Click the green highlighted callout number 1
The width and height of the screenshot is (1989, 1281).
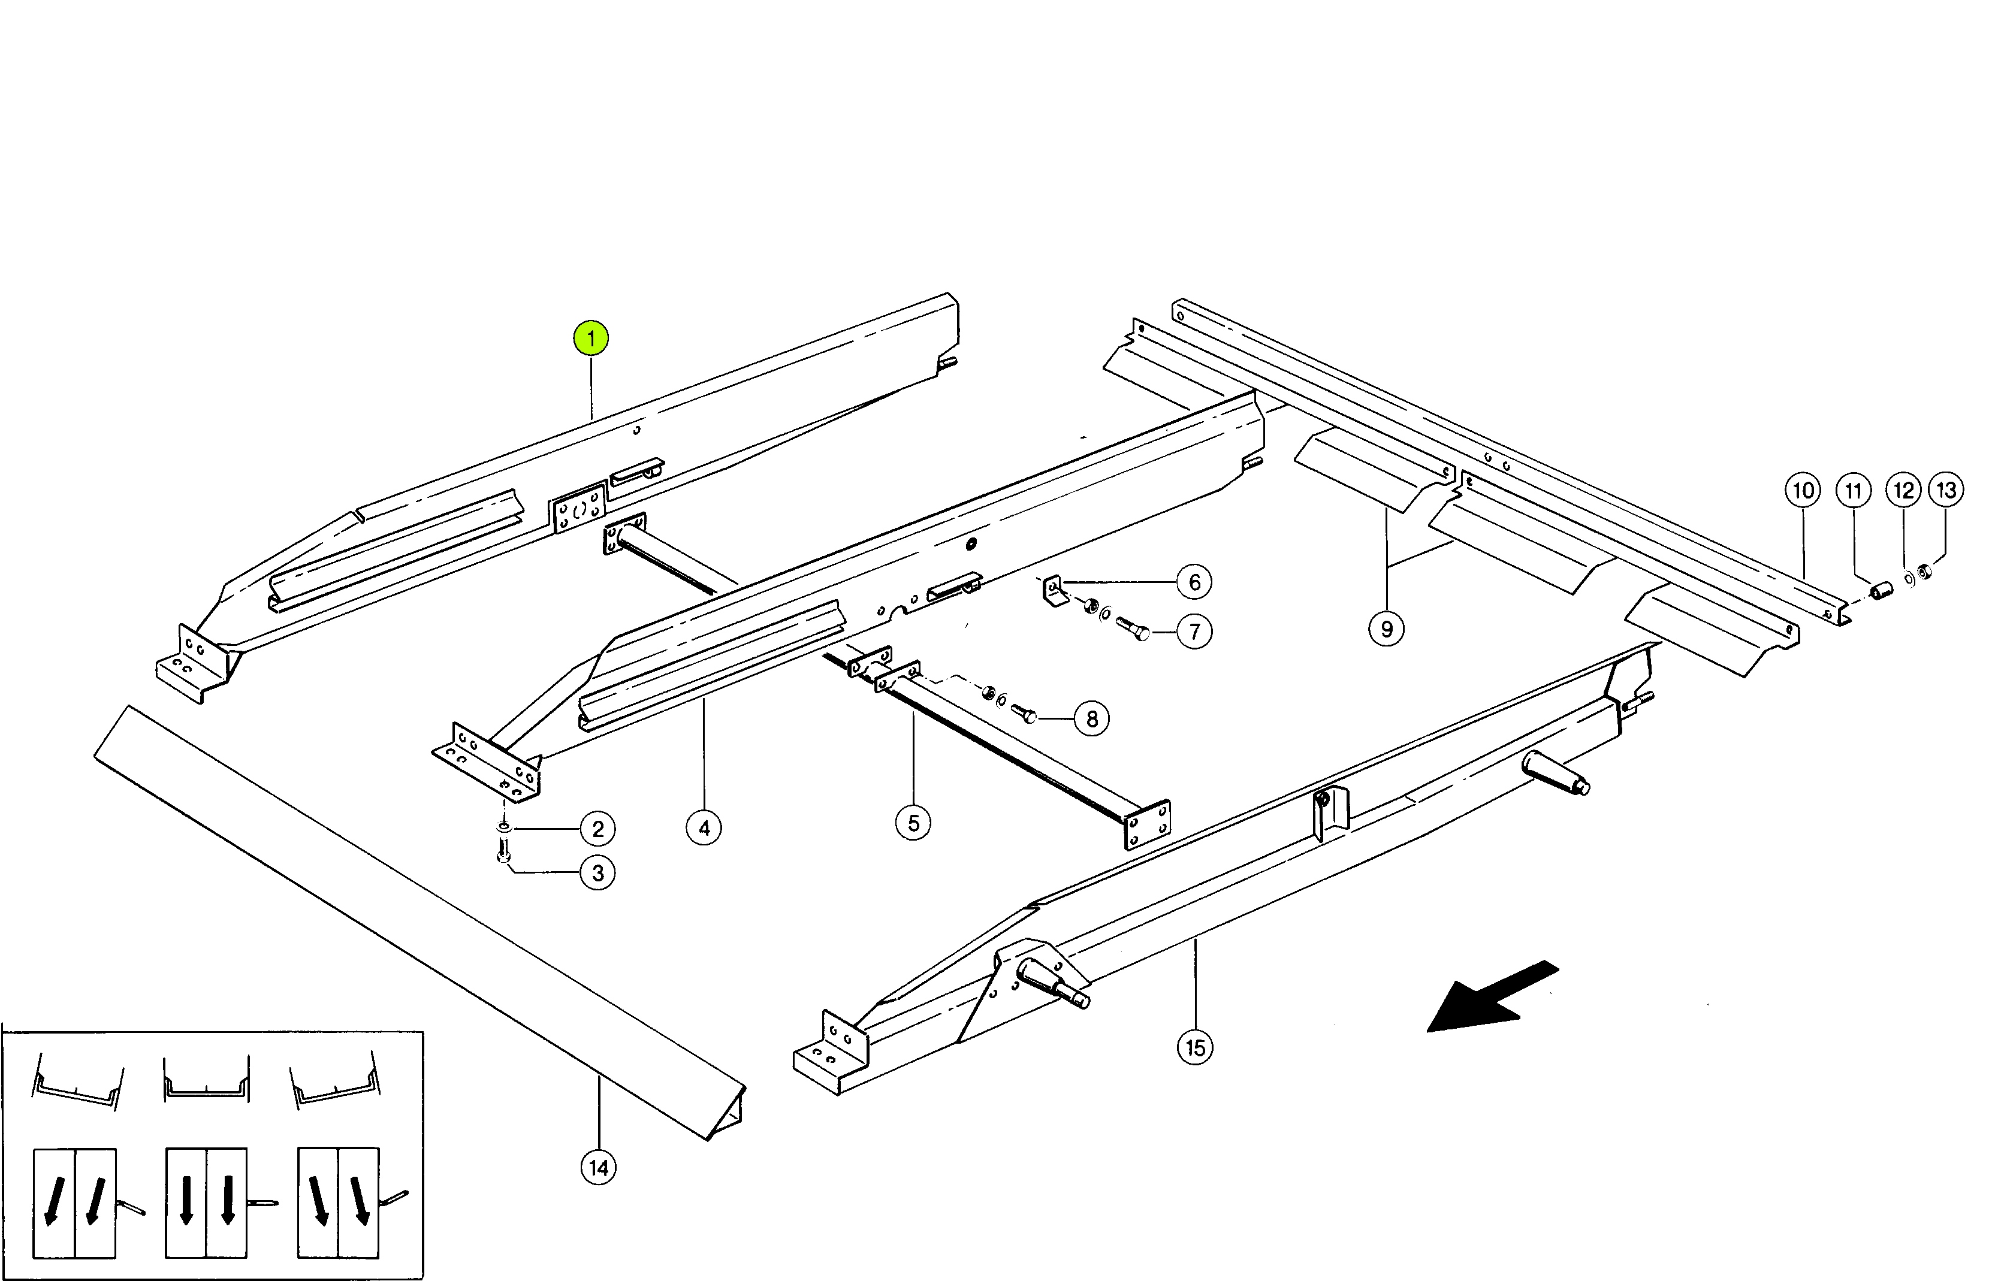tap(591, 338)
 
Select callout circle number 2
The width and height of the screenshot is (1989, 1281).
tap(597, 829)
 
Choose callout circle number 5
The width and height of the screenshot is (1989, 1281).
tap(913, 823)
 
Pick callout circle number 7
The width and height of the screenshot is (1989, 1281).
tap(1194, 632)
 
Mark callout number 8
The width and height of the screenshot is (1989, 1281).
tap(1092, 719)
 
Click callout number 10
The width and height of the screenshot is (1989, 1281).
tap(1803, 490)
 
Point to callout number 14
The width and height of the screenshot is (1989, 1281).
tap(598, 1168)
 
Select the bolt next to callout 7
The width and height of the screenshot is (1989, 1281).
tap(1132, 628)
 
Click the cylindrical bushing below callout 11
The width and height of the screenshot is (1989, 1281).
tap(1881, 591)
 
